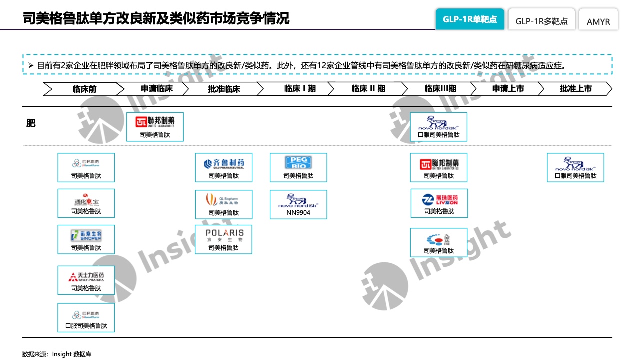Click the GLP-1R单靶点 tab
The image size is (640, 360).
[469, 20]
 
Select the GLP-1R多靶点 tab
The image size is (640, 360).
[541, 21]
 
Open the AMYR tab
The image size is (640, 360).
[598, 21]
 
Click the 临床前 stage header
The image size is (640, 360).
[84, 89]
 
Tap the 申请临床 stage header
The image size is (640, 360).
[156, 89]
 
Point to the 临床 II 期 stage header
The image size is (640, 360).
[368, 89]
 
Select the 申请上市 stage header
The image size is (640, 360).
[508, 89]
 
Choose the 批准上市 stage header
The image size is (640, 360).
[575, 89]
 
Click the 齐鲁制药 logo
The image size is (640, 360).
[224, 163]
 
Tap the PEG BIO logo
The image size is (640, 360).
[298, 163]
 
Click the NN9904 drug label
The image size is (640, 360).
[298, 212]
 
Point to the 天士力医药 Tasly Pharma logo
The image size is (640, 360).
[86, 276]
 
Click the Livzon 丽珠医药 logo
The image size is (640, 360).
[439, 199]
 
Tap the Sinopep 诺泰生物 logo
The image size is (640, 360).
[86, 236]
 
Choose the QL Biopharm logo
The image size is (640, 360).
[224, 200]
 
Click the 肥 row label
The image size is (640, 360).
[31, 123]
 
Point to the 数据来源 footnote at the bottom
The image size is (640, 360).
[57, 354]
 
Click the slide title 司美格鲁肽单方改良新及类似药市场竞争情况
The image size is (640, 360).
[156, 19]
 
